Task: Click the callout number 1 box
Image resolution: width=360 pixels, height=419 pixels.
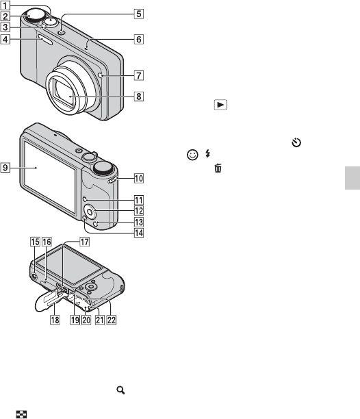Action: coord(5,5)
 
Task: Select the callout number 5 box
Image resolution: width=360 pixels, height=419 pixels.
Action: coord(139,14)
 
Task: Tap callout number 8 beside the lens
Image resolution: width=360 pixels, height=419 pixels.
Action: coord(139,97)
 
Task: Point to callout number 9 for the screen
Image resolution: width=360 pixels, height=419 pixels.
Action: coord(5,168)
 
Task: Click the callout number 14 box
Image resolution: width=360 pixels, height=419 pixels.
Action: coord(139,233)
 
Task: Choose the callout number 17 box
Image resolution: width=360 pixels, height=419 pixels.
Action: coord(84,242)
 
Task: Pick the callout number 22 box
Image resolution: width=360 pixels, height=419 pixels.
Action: coord(112,320)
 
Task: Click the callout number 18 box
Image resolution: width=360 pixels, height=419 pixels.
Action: coord(55,320)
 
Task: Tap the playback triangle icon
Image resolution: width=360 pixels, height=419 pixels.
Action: coord(220,105)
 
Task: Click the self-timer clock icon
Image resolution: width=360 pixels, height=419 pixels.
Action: coord(296,142)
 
